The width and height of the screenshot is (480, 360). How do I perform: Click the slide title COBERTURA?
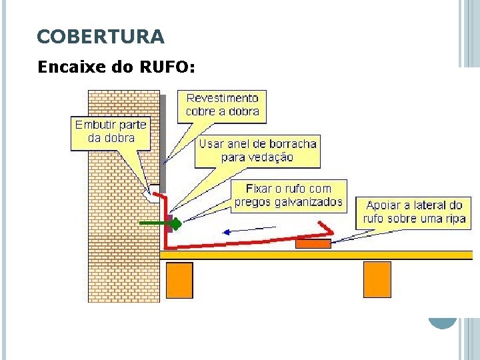click(101, 37)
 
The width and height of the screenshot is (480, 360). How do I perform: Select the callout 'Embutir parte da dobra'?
click(111, 132)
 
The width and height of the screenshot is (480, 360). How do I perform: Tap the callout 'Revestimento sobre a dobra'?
click(222, 105)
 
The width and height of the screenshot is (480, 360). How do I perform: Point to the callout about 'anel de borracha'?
click(257, 151)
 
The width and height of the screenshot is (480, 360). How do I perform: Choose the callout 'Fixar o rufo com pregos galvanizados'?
click(288, 195)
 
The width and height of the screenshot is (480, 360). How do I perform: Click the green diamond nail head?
click(177, 224)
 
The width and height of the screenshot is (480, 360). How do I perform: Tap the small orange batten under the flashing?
click(313, 244)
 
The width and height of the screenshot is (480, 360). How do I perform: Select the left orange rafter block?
click(179, 280)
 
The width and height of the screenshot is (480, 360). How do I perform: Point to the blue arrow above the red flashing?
click(248, 231)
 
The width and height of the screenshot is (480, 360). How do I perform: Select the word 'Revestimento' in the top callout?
click(222, 98)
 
